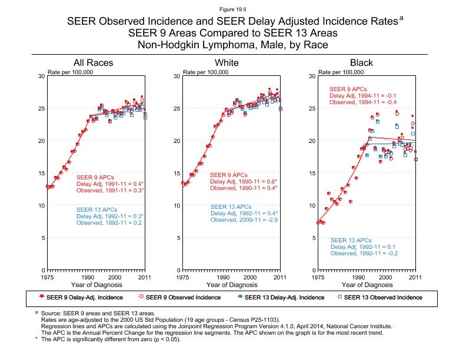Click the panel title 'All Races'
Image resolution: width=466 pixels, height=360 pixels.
(x=93, y=62)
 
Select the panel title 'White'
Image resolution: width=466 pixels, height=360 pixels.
(x=227, y=62)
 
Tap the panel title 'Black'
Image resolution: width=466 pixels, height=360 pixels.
(x=361, y=62)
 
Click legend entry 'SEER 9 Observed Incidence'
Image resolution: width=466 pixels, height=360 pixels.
(x=181, y=297)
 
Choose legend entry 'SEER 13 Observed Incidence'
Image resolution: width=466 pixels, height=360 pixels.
(x=383, y=297)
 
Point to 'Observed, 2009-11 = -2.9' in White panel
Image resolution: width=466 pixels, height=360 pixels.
(x=244, y=219)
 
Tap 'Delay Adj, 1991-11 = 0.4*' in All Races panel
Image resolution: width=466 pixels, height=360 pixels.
(x=110, y=184)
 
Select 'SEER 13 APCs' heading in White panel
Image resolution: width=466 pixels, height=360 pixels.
(x=231, y=206)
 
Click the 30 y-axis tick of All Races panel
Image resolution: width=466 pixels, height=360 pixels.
(x=40, y=76)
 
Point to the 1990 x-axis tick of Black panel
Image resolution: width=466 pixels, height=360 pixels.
(x=358, y=277)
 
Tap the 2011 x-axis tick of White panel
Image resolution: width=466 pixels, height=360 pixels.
(x=280, y=277)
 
